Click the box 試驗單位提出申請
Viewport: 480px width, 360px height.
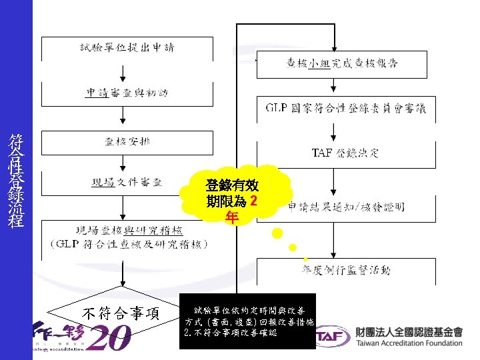[x=127, y=48]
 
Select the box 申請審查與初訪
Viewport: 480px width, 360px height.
[x=127, y=93]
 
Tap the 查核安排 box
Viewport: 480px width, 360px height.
[x=127, y=141]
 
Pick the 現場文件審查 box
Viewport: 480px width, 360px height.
[x=127, y=182]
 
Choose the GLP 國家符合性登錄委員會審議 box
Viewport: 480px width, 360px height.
[x=345, y=108]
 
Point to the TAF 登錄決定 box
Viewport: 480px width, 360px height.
[x=345, y=153]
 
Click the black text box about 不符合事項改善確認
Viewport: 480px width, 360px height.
[x=248, y=321]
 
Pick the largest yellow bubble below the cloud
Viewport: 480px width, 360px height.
[x=277, y=234]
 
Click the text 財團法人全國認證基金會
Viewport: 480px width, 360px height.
[x=409, y=331]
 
